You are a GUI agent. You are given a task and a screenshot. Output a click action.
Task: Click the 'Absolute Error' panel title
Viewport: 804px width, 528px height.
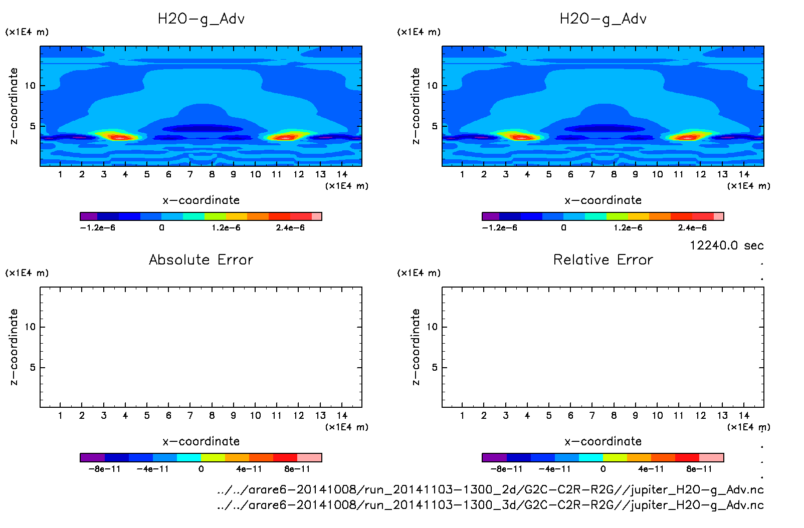201,259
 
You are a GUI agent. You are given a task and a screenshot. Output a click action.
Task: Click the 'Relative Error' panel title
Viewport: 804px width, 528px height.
603,259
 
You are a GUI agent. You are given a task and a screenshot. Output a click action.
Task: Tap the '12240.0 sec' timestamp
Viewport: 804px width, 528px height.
726,245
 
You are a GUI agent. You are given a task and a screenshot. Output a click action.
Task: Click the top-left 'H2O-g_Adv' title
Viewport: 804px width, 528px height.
201,19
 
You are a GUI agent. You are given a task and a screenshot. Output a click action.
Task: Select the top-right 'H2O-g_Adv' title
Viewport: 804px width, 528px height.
603,19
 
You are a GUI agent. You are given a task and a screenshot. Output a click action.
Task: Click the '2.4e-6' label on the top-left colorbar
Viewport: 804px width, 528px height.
290,227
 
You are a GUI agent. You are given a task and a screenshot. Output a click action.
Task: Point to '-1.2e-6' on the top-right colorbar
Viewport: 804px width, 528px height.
499,227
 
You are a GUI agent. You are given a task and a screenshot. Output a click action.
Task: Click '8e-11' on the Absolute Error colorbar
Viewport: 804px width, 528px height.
297,469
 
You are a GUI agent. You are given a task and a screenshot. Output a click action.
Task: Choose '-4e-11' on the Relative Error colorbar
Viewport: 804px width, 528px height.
554,469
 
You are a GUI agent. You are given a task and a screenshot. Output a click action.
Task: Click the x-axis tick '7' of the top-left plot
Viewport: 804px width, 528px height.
190,174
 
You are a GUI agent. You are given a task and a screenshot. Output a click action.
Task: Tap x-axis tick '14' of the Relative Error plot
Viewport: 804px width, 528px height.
744,415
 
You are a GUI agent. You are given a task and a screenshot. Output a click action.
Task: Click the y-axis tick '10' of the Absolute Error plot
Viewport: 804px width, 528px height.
31,327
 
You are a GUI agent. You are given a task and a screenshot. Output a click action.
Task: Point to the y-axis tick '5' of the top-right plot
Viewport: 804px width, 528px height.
435,126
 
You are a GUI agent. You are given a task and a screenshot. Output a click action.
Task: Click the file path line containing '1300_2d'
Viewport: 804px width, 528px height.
490,489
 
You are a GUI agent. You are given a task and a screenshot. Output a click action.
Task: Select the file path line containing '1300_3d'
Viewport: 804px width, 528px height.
490,505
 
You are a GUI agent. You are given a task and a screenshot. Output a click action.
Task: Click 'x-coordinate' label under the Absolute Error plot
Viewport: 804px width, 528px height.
201,441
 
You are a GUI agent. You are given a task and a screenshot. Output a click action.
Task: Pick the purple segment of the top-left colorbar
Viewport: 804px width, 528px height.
89,216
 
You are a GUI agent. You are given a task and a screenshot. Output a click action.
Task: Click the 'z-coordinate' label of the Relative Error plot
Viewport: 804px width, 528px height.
416,347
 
